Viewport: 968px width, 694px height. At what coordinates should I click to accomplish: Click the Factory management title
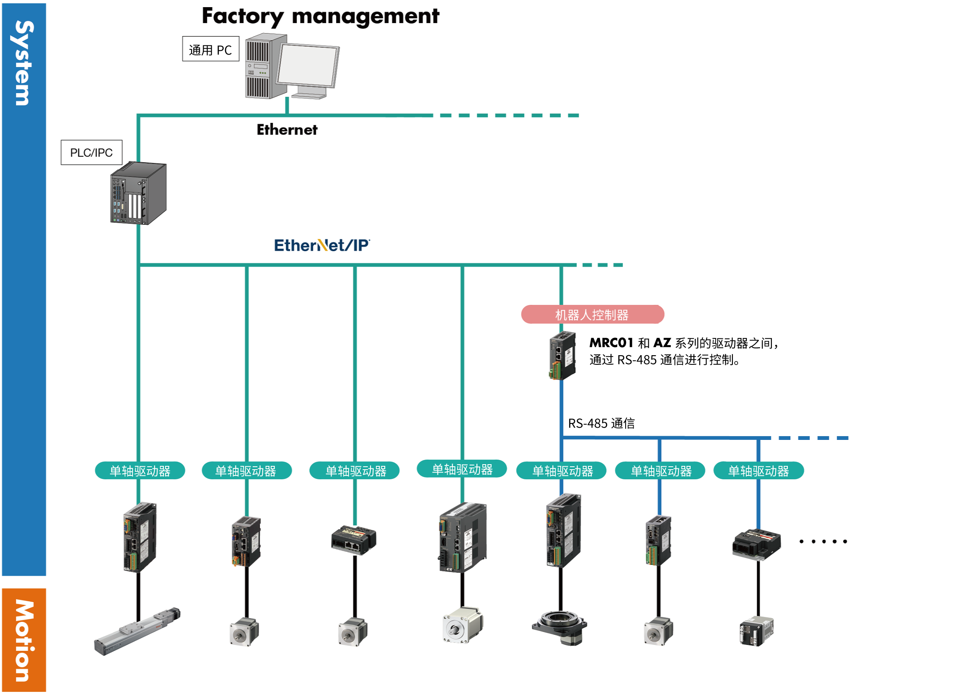[x=320, y=16]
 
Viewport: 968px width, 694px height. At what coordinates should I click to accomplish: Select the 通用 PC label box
[x=210, y=49]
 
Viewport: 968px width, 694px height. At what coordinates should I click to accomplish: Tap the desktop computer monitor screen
[x=307, y=65]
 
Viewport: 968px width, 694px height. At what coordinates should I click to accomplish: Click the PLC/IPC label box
[x=91, y=153]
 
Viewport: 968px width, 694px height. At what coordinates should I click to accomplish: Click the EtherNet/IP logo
[x=322, y=246]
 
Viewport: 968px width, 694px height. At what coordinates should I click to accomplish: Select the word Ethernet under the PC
[x=287, y=130]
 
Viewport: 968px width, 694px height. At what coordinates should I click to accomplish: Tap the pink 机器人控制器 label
[x=592, y=315]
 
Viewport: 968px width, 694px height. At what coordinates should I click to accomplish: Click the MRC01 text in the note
[x=611, y=343]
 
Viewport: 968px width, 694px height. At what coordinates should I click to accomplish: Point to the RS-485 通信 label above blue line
[x=601, y=424]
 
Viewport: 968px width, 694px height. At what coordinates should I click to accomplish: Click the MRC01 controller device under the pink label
[x=562, y=356]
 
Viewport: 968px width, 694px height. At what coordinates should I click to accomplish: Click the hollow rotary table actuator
[x=559, y=626]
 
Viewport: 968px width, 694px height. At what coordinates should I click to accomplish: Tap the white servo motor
[x=463, y=625]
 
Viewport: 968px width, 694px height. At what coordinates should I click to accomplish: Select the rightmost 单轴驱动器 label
[x=758, y=471]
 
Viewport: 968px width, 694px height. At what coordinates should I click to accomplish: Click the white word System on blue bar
[x=24, y=63]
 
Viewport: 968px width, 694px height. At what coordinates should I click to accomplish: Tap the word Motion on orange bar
[x=24, y=640]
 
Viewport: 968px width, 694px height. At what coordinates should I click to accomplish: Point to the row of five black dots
[x=823, y=541]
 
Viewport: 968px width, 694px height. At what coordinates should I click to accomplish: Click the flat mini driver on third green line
[x=354, y=540]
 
